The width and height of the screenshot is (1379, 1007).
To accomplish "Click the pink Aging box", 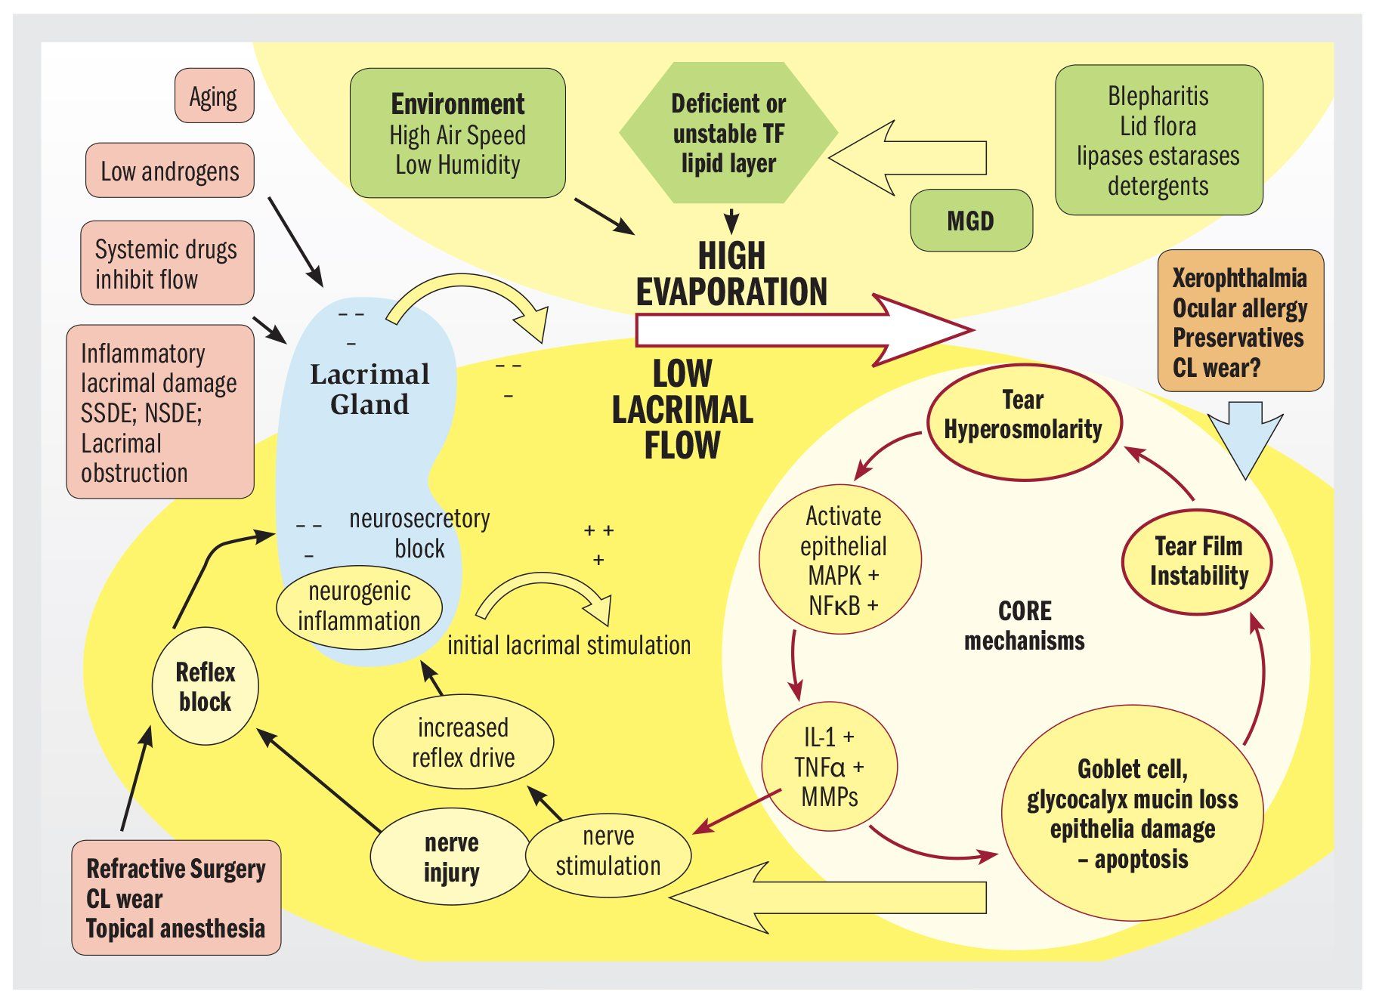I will [x=214, y=96].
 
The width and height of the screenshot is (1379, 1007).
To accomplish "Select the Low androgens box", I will [x=169, y=171].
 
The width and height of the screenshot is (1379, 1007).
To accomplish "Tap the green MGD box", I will [x=971, y=221].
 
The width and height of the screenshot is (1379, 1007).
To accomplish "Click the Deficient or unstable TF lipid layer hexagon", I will [x=728, y=133].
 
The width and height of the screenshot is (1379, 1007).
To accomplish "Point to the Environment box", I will [x=457, y=134].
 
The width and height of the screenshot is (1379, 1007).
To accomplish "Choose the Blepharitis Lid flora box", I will [x=1158, y=141].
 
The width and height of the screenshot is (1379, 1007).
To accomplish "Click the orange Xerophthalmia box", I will [x=1240, y=322].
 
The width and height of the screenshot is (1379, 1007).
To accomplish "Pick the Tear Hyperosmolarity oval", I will [x=1023, y=422].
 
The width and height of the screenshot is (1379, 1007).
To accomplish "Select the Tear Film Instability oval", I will [x=1198, y=561].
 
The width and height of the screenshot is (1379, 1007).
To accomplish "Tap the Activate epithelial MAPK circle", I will [x=841, y=560].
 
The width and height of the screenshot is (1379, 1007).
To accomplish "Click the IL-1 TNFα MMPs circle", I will [x=830, y=766].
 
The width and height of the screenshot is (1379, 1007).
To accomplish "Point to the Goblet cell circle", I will [x=1132, y=814].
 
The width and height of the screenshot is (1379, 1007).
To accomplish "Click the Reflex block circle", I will [x=206, y=687].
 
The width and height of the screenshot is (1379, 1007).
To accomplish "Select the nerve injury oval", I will [x=451, y=856].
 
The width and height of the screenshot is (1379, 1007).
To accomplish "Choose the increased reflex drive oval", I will [x=463, y=742].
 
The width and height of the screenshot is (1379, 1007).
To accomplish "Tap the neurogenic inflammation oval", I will [x=359, y=606].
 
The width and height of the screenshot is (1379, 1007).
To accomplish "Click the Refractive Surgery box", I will [x=176, y=897].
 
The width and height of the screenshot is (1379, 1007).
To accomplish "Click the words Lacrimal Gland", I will [x=369, y=389].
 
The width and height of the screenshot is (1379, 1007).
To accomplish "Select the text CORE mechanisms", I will [x=1025, y=626].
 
